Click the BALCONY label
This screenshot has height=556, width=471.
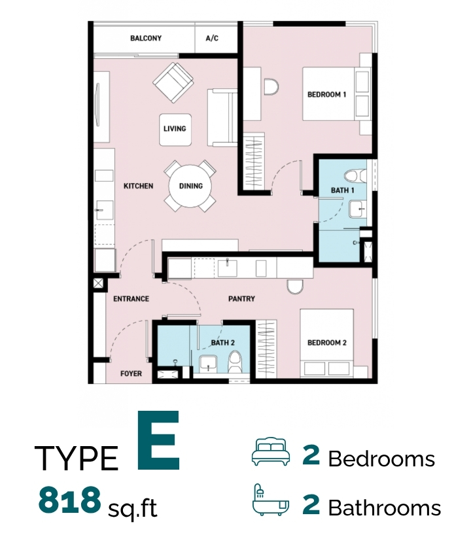(146, 38)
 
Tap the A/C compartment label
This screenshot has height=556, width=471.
(212, 38)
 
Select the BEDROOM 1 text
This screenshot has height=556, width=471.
(326, 94)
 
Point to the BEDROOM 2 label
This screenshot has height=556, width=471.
(326, 343)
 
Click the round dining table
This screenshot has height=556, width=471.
(190, 186)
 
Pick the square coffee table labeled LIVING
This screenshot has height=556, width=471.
(175, 130)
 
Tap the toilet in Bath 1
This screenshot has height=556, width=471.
(355, 176)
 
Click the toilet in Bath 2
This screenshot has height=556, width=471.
(235, 362)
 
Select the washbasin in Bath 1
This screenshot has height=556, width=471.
(357, 209)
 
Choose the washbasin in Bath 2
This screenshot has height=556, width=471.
(208, 364)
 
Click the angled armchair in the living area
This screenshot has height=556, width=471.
(173, 83)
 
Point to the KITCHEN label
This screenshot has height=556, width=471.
(138, 186)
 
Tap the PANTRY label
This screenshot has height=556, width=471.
(241, 298)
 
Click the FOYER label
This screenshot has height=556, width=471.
(131, 374)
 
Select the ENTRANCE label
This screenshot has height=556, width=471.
(131, 298)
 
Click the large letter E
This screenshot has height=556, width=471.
(158, 440)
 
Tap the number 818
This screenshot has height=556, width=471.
(69, 500)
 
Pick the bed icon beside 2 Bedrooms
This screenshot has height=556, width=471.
(271, 451)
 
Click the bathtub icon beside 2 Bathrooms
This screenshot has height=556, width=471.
(271, 499)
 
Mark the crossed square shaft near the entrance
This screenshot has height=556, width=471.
(98, 283)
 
